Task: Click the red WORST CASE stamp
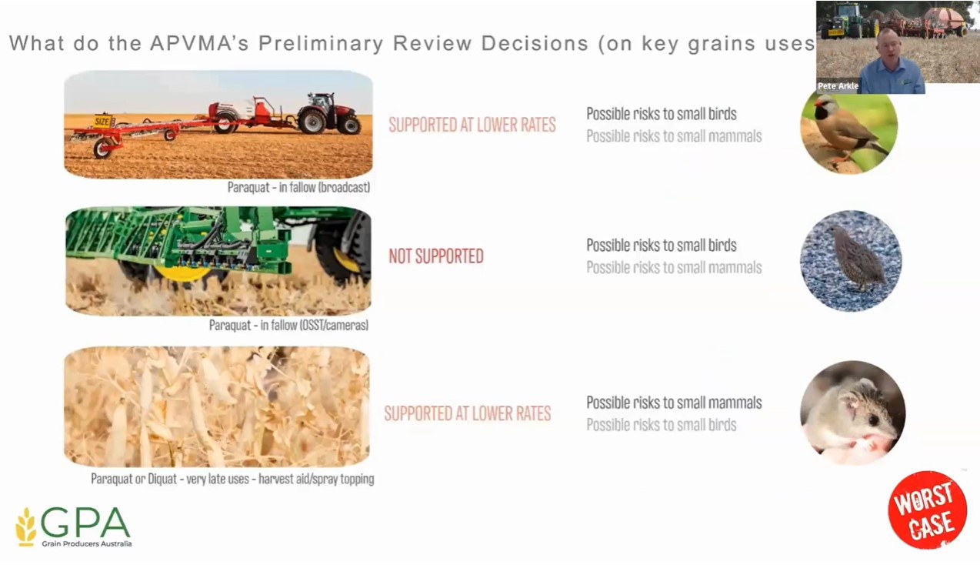click(x=928, y=510)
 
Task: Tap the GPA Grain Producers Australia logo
click(x=74, y=527)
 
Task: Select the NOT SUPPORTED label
click(x=436, y=256)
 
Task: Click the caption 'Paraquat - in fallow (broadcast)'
click(x=298, y=187)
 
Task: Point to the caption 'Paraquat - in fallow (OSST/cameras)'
click(x=288, y=325)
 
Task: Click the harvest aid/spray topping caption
click(x=232, y=479)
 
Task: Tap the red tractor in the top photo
click(x=329, y=113)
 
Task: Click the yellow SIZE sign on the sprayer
click(x=103, y=122)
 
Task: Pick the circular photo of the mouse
click(x=852, y=413)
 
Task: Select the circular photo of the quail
click(x=851, y=261)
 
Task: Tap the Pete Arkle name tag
click(x=838, y=86)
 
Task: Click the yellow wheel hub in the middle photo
click(x=182, y=272)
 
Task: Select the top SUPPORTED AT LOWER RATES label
click(x=472, y=125)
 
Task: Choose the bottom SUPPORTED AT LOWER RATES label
click(x=467, y=413)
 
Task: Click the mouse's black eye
click(x=873, y=420)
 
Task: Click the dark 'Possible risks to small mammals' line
click(x=674, y=403)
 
